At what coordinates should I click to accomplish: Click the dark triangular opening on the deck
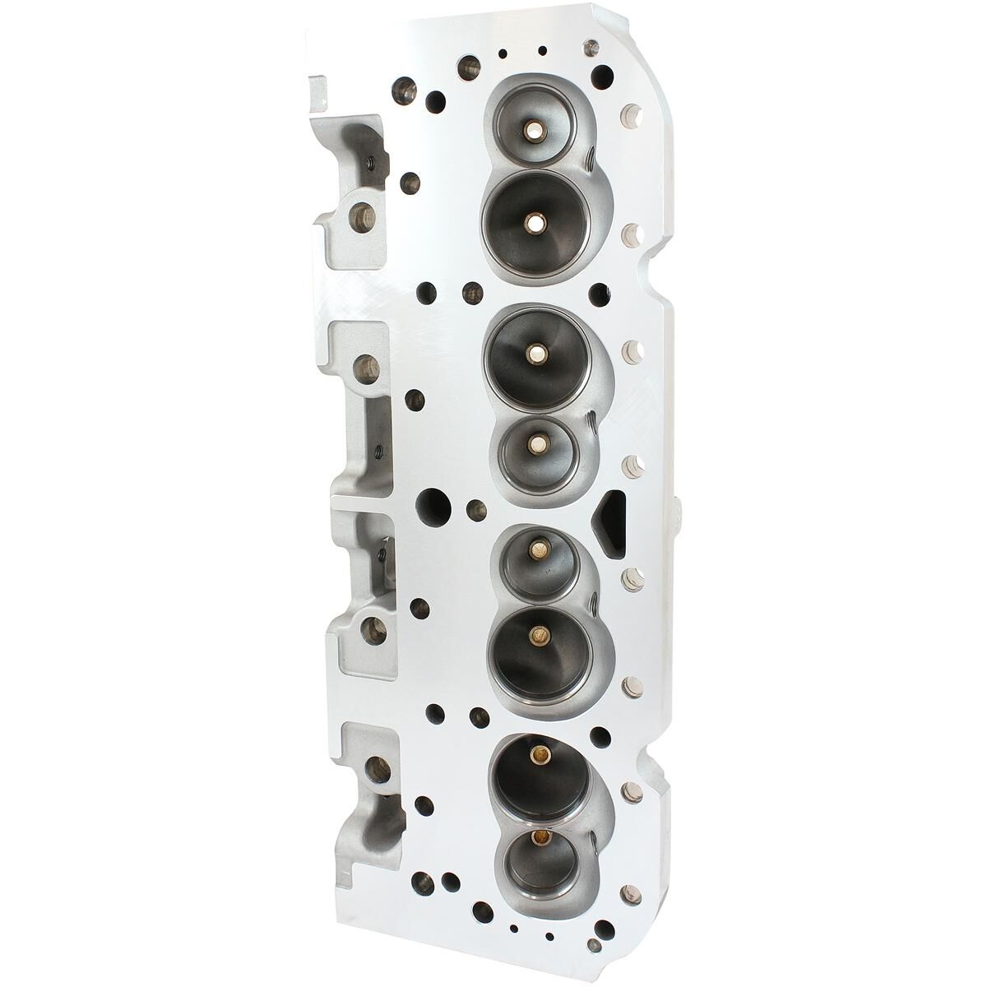608,523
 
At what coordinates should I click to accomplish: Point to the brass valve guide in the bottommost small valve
540,838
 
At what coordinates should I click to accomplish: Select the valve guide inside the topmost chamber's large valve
535,221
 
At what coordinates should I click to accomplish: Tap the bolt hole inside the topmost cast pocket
359,217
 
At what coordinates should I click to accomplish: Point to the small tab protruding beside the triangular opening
676,515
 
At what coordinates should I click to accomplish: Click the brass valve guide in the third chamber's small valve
539,543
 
